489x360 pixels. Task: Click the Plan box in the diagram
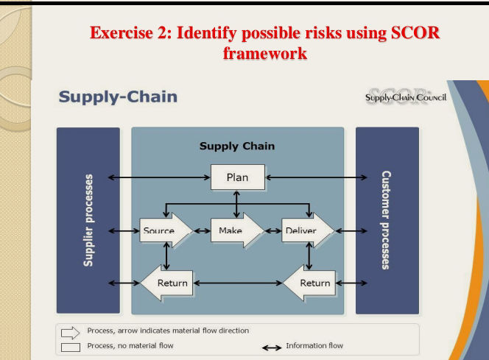pyautogui.click(x=237, y=177)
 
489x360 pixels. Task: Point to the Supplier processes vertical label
pyautogui.click(x=89, y=220)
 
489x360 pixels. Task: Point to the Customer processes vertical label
pyautogui.click(x=386, y=220)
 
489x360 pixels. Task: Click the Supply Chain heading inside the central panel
pyautogui.click(x=237, y=146)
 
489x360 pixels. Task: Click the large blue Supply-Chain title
pyautogui.click(x=118, y=96)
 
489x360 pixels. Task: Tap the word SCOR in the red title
pyautogui.click(x=419, y=34)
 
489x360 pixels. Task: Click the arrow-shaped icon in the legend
pyautogui.click(x=71, y=332)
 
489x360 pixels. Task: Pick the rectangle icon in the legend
pyautogui.click(x=71, y=345)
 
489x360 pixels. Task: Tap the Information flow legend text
pyautogui.click(x=314, y=345)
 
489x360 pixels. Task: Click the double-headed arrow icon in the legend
pyautogui.click(x=272, y=346)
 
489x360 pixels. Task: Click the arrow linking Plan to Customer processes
pyautogui.click(x=315, y=177)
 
